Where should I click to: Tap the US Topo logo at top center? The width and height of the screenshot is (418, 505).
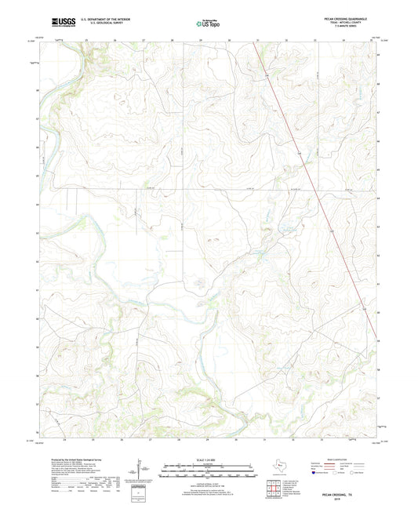(x=207, y=24)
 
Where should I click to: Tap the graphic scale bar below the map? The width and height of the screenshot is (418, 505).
(x=207, y=471)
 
